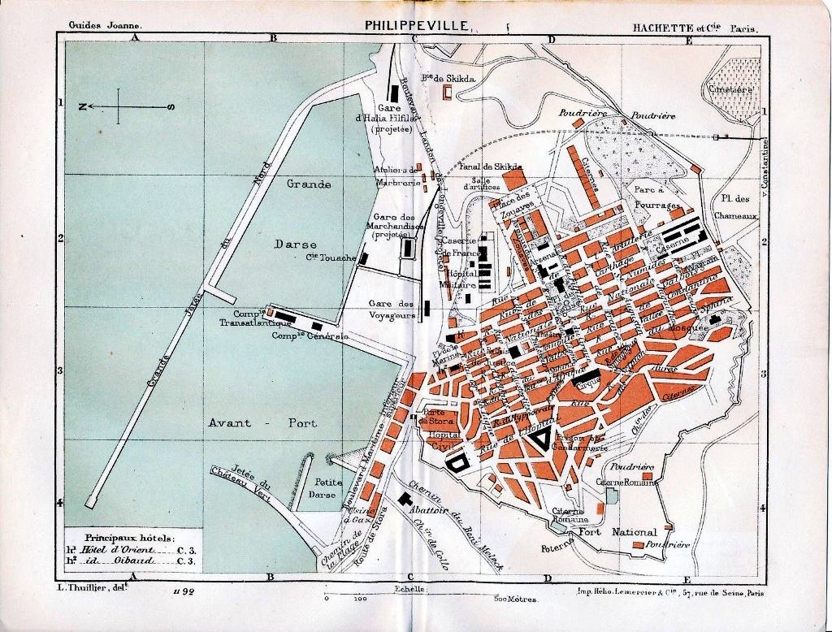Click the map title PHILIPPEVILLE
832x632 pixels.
416,25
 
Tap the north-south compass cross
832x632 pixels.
119,106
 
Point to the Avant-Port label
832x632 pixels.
262,423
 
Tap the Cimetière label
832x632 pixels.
730,89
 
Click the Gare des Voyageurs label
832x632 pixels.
392,309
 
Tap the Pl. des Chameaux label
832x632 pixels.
735,207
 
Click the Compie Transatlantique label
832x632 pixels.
245,318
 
